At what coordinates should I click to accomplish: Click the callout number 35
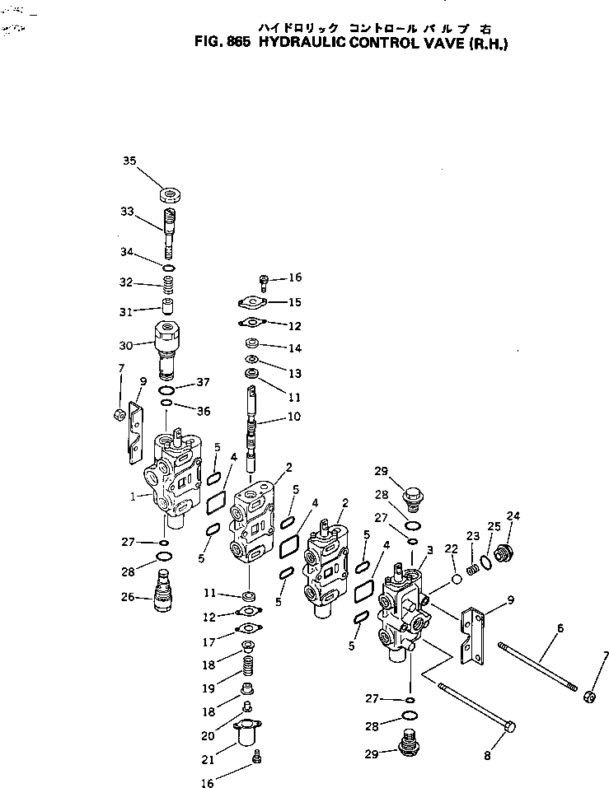(129, 161)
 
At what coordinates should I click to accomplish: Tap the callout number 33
(126, 212)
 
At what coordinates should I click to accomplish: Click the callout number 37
(204, 381)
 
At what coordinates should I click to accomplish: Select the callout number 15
(294, 302)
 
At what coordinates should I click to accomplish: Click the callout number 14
(294, 347)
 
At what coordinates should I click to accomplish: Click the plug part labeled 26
(162, 593)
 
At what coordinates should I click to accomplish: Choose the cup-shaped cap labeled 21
(247, 733)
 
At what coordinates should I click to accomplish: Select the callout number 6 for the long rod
(560, 627)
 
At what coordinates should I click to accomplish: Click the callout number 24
(513, 516)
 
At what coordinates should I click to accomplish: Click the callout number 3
(429, 550)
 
